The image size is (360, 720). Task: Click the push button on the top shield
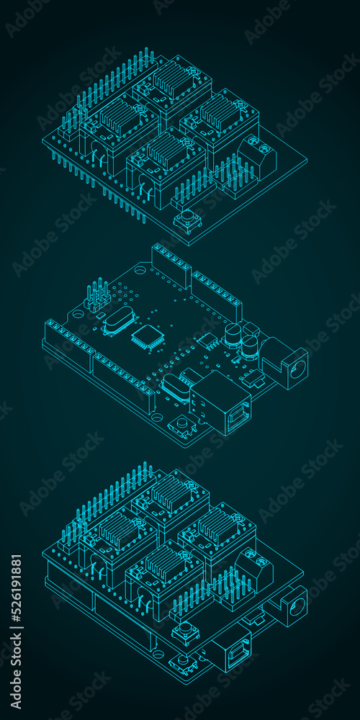click(187, 219)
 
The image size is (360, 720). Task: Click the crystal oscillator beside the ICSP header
click(118, 320)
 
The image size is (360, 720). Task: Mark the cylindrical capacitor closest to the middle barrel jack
click(249, 346)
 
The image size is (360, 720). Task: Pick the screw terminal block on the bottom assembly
click(254, 569)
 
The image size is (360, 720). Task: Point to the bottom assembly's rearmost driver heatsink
click(170, 492)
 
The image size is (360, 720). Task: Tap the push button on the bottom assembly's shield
click(186, 631)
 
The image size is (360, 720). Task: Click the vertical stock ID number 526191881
click(16, 597)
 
